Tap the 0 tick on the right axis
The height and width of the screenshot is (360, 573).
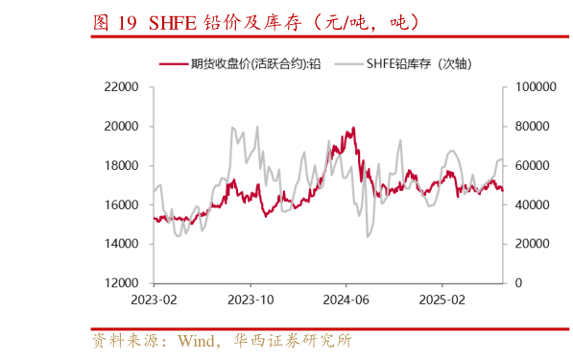[518, 284]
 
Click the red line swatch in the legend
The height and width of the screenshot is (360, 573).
[173, 64]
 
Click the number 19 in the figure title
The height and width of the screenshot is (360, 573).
[128, 21]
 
